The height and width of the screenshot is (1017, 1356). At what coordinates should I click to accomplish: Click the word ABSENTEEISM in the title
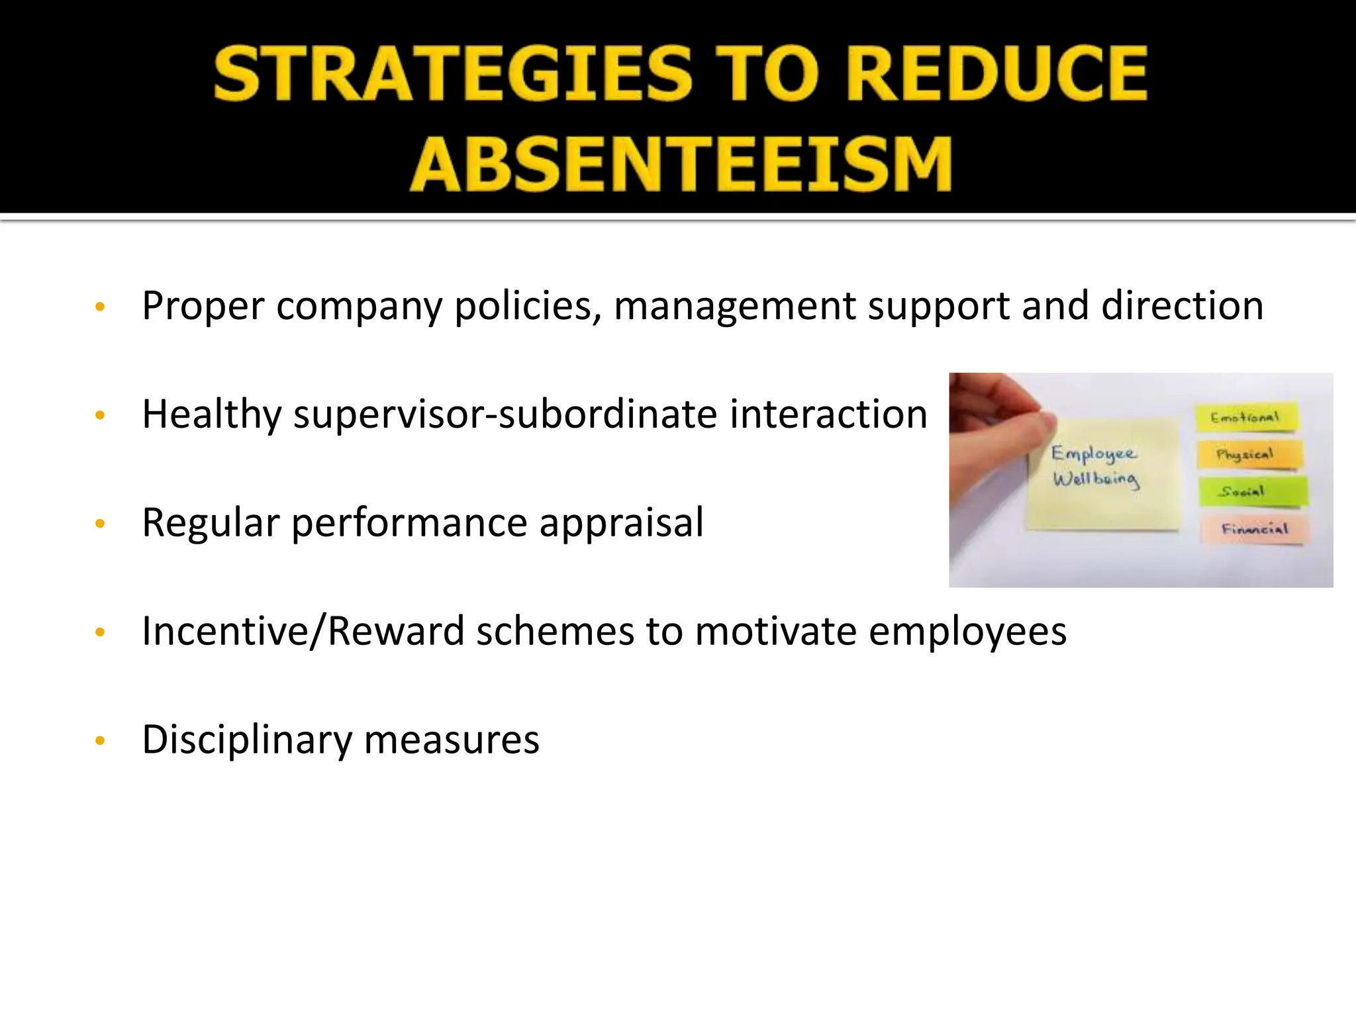681,164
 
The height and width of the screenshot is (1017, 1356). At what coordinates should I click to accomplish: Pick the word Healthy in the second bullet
212,415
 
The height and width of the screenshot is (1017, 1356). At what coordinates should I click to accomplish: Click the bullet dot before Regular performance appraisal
101,524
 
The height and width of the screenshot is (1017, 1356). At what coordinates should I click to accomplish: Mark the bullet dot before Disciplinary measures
101,741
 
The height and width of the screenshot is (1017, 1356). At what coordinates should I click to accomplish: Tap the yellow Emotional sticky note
1245,417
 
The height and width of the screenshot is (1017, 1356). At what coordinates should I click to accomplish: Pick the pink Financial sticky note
1253,529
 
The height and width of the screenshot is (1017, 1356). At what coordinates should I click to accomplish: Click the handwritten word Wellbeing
1096,479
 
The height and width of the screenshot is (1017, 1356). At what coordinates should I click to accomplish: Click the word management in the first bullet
735,307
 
